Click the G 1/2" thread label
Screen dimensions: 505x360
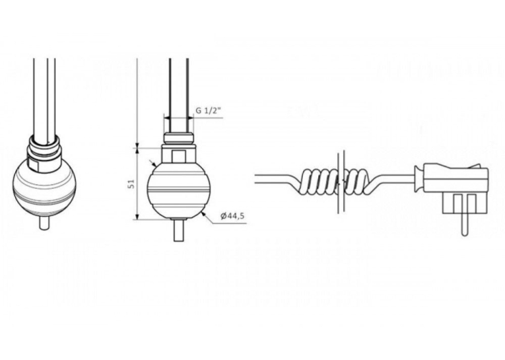click(x=209, y=110)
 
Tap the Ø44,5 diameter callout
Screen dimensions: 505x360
click(x=232, y=216)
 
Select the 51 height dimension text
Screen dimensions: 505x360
click(x=131, y=184)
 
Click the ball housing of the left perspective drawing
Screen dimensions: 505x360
click(x=44, y=191)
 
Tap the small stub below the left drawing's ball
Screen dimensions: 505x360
click(x=44, y=223)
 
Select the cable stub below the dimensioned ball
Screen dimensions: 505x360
click(x=179, y=230)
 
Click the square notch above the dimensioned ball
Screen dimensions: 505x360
click(x=179, y=157)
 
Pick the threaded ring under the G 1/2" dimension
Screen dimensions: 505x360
click(x=179, y=138)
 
